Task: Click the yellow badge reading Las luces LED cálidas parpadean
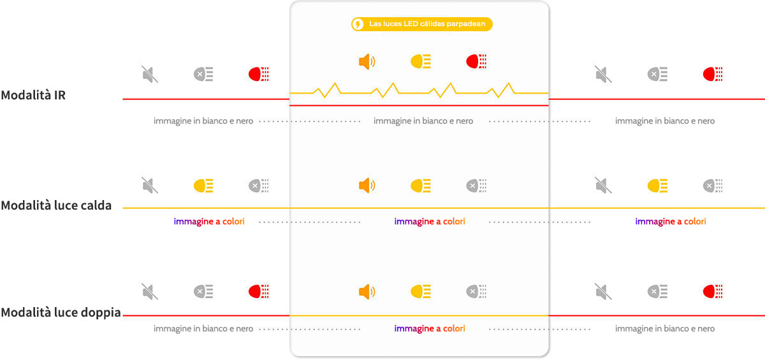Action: pyautogui.click(x=422, y=24)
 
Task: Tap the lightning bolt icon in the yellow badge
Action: pyautogui.click(x=358, y=24)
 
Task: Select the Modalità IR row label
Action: pyautogui.click(x=33, y=95)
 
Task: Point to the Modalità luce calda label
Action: pyautogui.click(x=56, y=205)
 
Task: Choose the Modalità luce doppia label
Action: pyautogui.click(x=61, y=312)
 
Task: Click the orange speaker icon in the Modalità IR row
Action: pyautogui.click(x=367, y=61)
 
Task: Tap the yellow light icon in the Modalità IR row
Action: pyautogui.click(x=421, y=61)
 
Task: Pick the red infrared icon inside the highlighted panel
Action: pyautogui.click(x=476, y=61)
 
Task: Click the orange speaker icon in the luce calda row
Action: pyautogui.click(x=367, y=185)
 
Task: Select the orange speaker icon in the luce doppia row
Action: pyautogui.click(x=367, y=292)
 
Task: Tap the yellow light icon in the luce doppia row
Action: pyautogui.click(x=421, y=292)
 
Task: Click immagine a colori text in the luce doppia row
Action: pyautogui.click(x=430, y=329)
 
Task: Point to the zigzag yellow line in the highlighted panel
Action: pyautogui.click(x=419, y=90)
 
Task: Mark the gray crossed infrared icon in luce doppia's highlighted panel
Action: pyautogui.click(x=476, y=292)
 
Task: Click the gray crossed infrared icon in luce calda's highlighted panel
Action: pyautogui.click(x=476, y=185)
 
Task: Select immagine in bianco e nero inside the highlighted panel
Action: pyautogui.click(x=423, y=121)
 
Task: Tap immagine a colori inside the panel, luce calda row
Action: pyautogui.click(x=430, y=222)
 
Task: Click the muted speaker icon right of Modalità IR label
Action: pyautogui.click(x=150, y=74)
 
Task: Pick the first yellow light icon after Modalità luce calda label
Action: pyautogui.click(x=203, y=186)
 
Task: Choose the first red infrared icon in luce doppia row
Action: pyautogui.click(x=259, y=292)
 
